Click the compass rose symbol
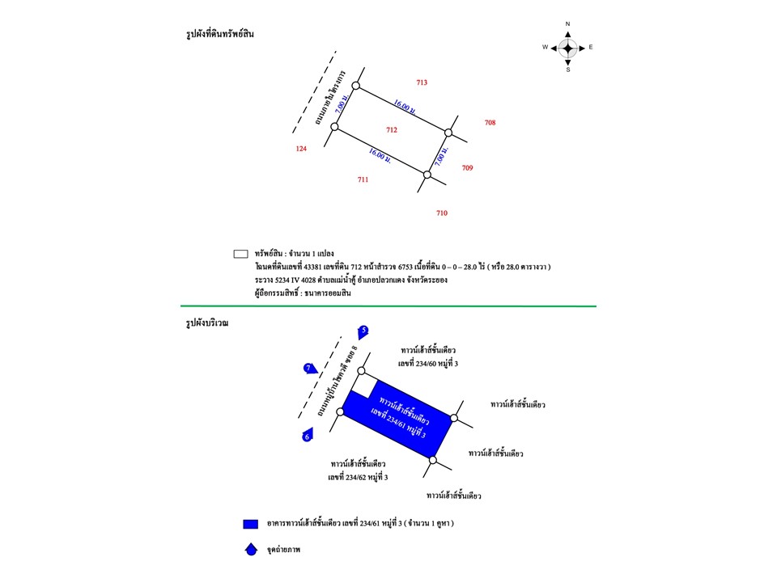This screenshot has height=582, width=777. pyautogui.click(x=568, y=48)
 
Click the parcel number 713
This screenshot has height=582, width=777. pyautogui.click(x=422, y=83)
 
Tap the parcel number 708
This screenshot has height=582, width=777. pyautogui.click(x=490, y=123)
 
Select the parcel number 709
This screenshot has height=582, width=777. pyautogui.click(x=467, y=168)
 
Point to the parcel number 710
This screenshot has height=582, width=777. pyautogui.click(x=441, y=213)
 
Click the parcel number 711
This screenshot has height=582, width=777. pyautogui.click(x=363, y=179)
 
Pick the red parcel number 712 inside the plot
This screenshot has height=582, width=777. pyautogui.click(x=392, y=130)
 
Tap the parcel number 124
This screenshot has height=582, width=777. pyautogui.click(x=301, y=149)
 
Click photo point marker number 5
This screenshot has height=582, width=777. pyautogui.click(x=363, y=331)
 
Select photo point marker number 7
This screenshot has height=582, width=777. pyautogui.click(x=309, y=369)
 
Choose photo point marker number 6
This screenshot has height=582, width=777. pyautogui.click(x=307, y=436)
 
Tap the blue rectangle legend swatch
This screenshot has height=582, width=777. pyautogui.click(x=250, y=524)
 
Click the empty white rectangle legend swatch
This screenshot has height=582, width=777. pyautogui.click(x=240, y=254)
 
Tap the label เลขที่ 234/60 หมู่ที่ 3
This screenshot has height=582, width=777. pyautogui.click(x=428, y=364)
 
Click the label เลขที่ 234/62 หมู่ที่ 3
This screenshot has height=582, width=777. pyautogui.click(x=358, y=478)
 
